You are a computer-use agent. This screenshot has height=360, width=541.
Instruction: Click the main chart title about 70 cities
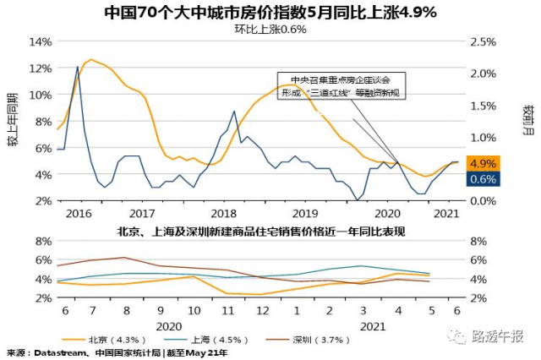tap(270, 13)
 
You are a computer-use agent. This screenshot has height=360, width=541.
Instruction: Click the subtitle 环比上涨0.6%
tap(270, 29)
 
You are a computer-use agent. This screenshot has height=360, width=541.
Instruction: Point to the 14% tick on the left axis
tap(40, 41)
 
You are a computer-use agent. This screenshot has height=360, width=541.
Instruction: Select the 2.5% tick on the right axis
tap(484, 41)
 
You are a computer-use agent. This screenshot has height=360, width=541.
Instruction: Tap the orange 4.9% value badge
tap(482, 163)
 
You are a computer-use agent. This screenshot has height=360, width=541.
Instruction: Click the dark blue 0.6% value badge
tap(482, 179)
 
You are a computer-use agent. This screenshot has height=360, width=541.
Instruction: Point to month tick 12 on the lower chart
tap(263, 310)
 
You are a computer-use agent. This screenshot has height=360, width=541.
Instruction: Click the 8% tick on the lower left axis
tap(42, 241)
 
